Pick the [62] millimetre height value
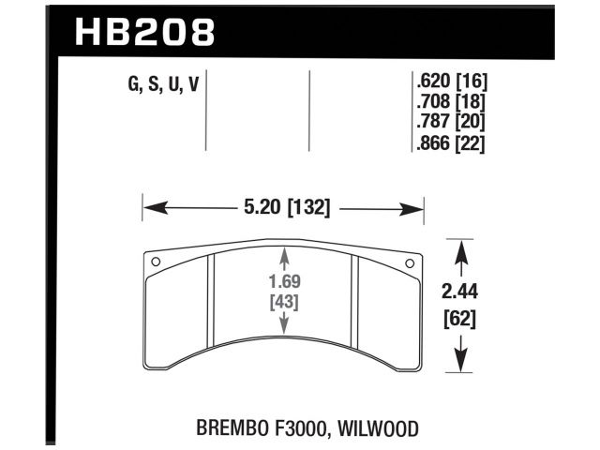(x=459, y=319)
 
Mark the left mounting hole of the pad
(x=157, y=262)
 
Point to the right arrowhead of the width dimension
(x=416, y=208)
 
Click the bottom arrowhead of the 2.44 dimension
(x=459, y=361)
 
